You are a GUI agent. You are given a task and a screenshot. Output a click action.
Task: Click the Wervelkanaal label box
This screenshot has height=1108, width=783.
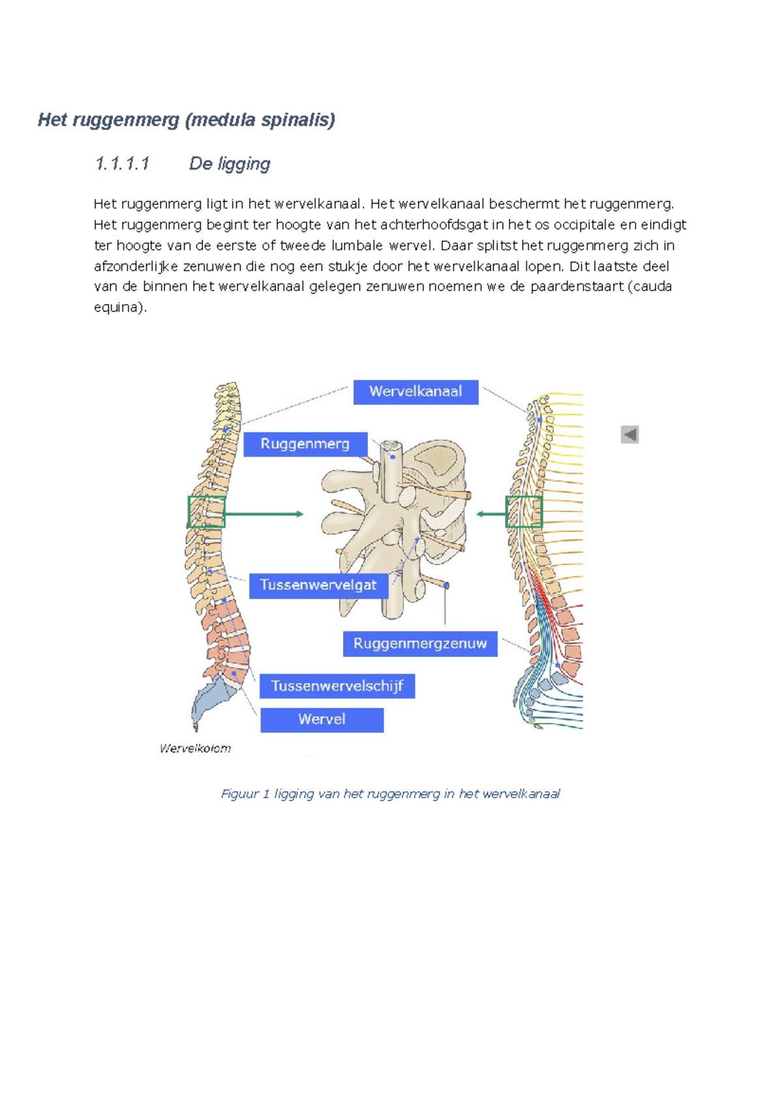pyautogui.click(x=416, y=392)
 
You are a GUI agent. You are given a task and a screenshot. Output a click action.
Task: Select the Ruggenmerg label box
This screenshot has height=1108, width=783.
pyautogui.click(x=305, y=444)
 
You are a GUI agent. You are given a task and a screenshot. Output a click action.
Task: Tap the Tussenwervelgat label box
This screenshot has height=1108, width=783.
pyautogui.click(x=318, y=585)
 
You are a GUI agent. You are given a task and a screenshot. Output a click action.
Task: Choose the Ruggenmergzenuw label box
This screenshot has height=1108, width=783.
pyautogui.click(x=420, y=643)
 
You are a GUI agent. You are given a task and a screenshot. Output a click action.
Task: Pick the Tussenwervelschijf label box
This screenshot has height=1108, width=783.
pyautogui.click(x=337, y=686)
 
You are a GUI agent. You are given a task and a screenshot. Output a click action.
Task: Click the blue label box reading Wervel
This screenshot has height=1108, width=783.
pyautogui.click(x=322, y=720)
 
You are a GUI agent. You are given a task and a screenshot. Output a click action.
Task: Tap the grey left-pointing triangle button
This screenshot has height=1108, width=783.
pyautogui.click(x=630, y=435)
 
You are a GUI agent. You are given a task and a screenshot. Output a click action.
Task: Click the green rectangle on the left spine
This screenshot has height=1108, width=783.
pyautogui.click(x=206, y=512)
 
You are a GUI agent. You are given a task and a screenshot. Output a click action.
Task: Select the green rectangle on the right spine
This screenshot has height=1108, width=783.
pyautogui.click(x=524, y=512)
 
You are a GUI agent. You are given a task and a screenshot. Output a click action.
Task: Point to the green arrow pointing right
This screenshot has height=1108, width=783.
pyautogui.click(x=264, y=514)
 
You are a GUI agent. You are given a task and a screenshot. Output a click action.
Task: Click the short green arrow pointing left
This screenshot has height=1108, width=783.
pyautogui.click(x=491, y=514)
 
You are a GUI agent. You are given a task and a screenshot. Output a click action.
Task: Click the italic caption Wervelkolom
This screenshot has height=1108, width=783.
pyautogui.click(x=195, y=748)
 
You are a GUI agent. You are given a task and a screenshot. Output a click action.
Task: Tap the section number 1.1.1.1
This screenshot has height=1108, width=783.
pyautogui.click(x=122, y=163)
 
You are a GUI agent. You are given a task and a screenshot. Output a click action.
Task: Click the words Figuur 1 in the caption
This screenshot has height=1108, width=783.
pyautogui.click(x=245, y=794)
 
